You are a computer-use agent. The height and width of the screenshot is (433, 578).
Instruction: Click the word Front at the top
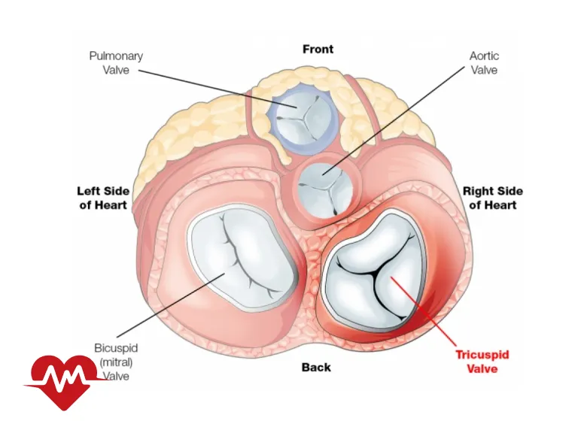point(318,50)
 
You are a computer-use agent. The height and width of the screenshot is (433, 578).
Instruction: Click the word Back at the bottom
point(316,367)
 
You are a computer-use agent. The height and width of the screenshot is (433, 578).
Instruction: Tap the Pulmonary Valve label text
point(116,63)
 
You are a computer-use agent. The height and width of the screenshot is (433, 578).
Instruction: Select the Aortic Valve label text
point(484,63)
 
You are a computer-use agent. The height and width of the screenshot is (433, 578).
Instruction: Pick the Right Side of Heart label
point(492,198)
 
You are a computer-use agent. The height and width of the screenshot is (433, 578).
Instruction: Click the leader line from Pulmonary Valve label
point(211,87)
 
